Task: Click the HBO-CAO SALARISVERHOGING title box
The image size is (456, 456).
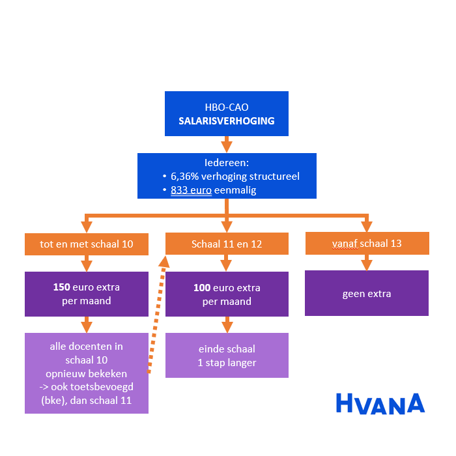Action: click(x=226, y=113)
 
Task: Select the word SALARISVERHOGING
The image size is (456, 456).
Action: click(x=226, y=121)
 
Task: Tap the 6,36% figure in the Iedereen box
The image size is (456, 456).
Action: click(x=185, y=177)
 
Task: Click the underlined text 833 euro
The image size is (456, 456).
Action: click(x=191, y=190)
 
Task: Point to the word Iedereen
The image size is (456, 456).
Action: click(x=226, y=163)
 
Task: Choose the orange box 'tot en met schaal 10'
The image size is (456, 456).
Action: click(x=87, y=244)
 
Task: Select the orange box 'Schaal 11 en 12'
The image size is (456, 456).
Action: click(x=227, y=244)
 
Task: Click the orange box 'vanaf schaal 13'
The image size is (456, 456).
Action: click(x=367, y=244)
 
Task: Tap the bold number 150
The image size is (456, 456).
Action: click(x=62, y=287)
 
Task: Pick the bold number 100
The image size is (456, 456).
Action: click(x=203, y=287)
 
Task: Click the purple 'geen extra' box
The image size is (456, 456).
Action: click(x=367, y=293)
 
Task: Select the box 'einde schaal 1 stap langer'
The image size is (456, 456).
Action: click(x=227, y=355)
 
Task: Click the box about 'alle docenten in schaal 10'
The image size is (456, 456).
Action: click(x=87, y=373)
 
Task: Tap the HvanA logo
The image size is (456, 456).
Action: click(x=380, y=403)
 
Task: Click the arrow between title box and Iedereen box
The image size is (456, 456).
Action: click(x=226, y=144)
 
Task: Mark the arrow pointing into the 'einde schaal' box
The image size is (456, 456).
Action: click(x=227, y=324)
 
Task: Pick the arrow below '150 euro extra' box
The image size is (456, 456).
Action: click(x=87, y=324)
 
